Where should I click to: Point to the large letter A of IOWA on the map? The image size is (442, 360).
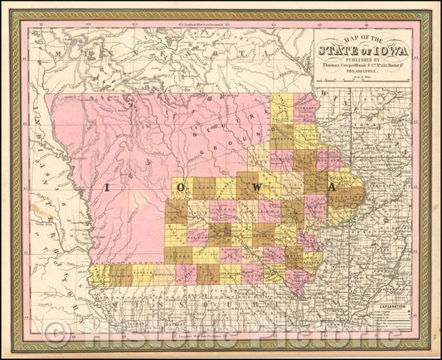332,188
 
